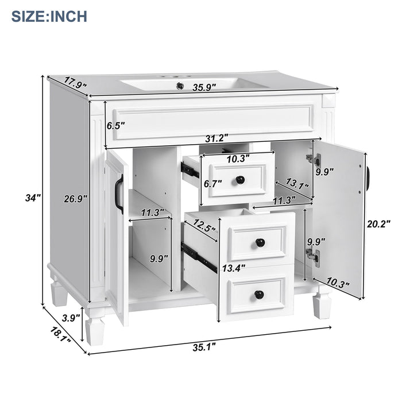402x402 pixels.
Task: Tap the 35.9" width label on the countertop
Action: point(204,87)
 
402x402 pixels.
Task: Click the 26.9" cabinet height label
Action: point(75,198)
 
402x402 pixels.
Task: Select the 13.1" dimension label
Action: point(298,185)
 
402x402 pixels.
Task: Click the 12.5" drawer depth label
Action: point(204,226)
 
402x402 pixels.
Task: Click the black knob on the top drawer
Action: point(240,180)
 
